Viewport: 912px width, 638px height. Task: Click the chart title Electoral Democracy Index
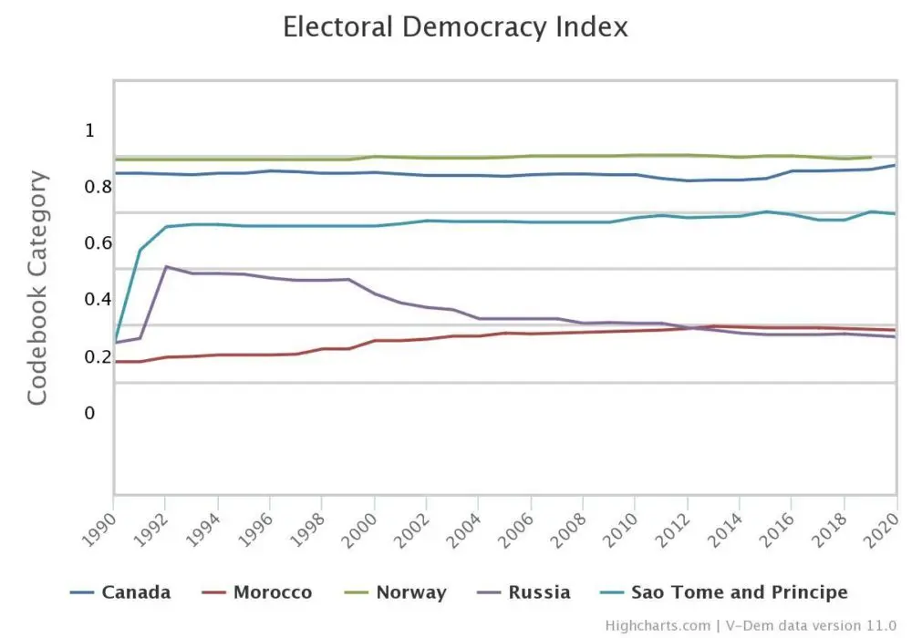[x=455, y=26]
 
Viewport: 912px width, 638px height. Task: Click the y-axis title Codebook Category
[x=36, y=287]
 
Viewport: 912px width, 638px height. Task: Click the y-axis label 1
[x=89, y=130]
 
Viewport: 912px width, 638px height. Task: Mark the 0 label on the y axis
[x=89, y=413]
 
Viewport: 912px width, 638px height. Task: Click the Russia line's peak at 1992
[x=165, y=266]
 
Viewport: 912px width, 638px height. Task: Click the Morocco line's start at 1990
[x=115, y=362]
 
